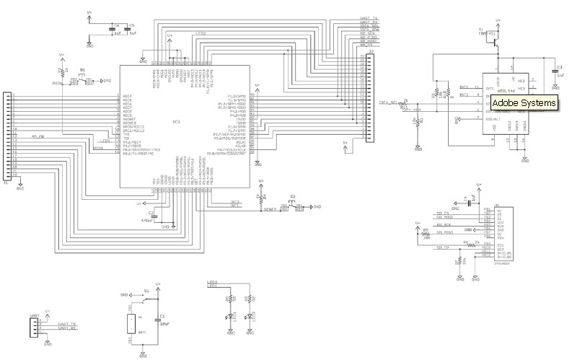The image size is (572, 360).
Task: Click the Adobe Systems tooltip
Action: pyautogui.click(x=525, y=104)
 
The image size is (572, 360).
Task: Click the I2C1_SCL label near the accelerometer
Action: pyautogui.click(x=388, y=102)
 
